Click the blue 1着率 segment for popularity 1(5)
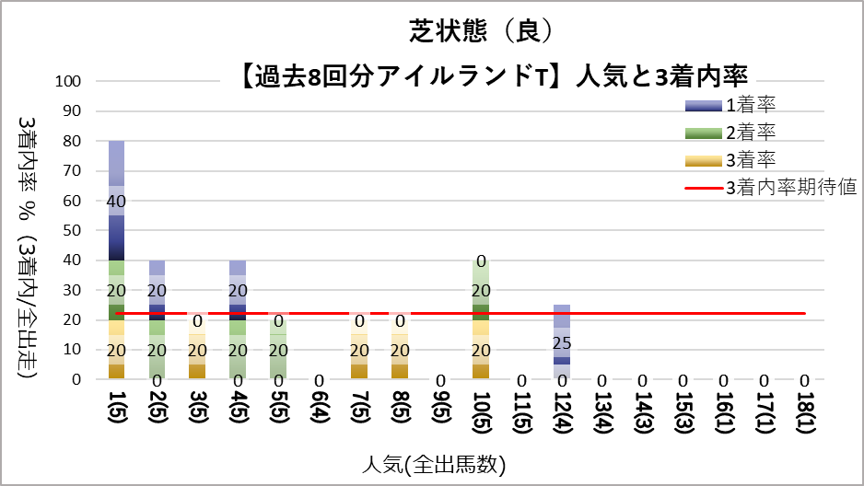(116, 200)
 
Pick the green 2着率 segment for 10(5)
(479, 289)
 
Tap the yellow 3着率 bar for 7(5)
(360, 350)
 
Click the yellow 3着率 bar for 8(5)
(400, 350)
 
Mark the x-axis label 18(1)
(805, 414)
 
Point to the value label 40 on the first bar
(116, 201)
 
